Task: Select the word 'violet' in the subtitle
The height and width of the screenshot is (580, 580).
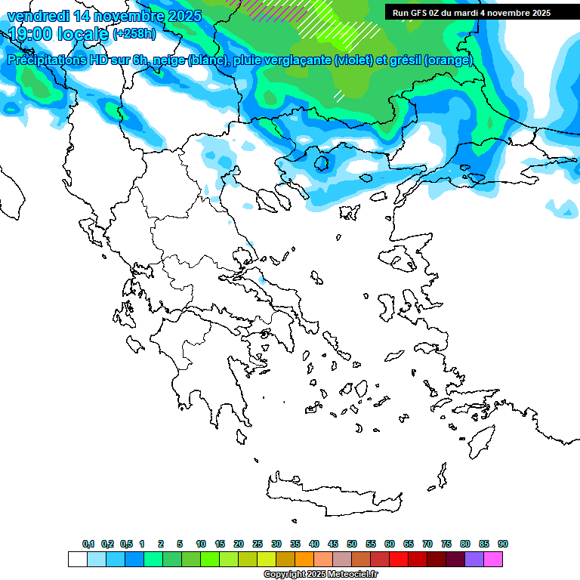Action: pyautogui.click(x=353, y=60)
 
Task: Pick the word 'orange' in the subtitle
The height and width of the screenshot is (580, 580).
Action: pyautogui.click(x=449, y=60)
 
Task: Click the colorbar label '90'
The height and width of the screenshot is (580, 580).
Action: pyautogui.click(x=503, y=544)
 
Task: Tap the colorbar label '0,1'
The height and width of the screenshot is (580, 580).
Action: pyautogui.click(x=88, y=544)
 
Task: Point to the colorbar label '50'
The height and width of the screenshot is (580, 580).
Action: pyautogui.click(x=352, y=544)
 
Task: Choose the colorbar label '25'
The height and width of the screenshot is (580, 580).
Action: pyautogui.click(x=258, y=544)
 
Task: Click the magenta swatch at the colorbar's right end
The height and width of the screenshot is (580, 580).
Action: pyautogui.click(x=493, y=559)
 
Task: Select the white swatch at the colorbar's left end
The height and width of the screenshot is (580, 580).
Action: pyautogui.click(x=77, y=559)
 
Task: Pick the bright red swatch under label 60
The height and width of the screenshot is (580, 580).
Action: pyautogui.click(x=399, y=559)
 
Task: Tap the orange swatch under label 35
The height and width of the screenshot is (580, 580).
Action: pyautogui.click(x=304, y=559)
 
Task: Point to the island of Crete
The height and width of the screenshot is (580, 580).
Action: pyautogui.click(x=332, y=495)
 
